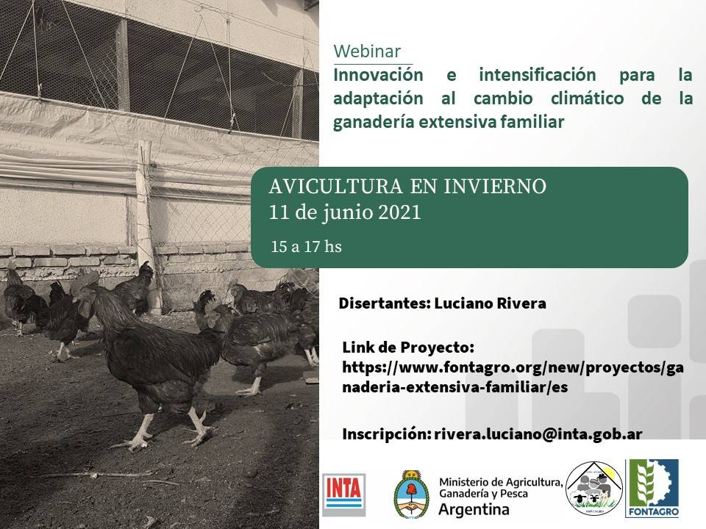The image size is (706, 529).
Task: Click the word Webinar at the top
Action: point(367,51)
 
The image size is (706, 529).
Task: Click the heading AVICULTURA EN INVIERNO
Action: point(407,187)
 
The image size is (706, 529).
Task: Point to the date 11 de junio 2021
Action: point(345,212)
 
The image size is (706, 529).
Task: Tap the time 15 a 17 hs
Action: point(306,247)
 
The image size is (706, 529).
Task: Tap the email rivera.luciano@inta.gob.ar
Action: point(538,433)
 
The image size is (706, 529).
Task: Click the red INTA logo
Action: point(343,490)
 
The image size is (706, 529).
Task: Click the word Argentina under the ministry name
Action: point(474,509)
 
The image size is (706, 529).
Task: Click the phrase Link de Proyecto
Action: point(408,347)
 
